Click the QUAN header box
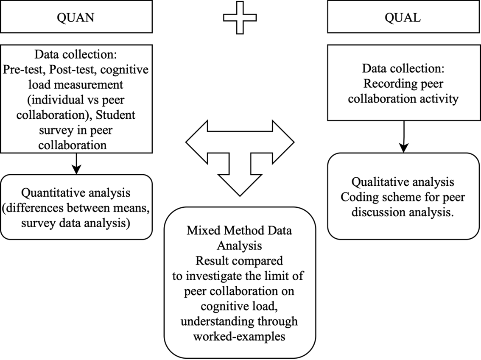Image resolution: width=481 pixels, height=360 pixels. [76, 17]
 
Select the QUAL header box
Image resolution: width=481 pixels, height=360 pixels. [404, 17]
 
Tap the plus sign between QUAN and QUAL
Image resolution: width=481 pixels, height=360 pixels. [240, 18]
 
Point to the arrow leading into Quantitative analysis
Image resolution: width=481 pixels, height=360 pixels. [76, 164]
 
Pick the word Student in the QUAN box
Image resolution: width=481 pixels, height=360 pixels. [115, 115]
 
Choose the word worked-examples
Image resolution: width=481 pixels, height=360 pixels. [239, 337]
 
